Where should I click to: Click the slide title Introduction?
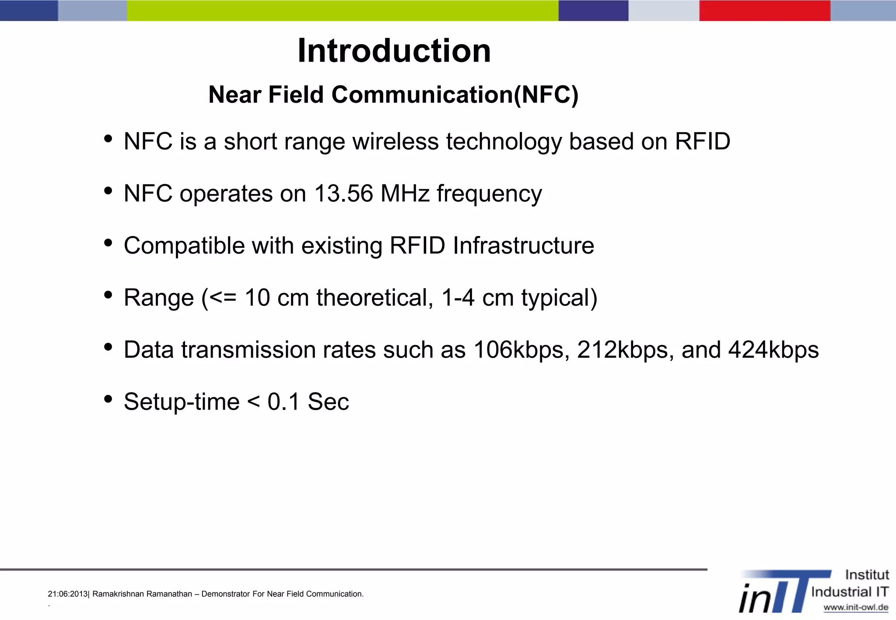(x=394, y=51)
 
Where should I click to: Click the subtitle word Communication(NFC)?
(x=455, y=94)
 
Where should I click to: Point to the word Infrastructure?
(x=523, y=245)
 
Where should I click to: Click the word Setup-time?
(x=182, y=402)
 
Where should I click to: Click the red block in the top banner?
(x=765, y=10)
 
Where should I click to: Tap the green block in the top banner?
(x=343, y=10)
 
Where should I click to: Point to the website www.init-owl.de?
(x=856, y=607)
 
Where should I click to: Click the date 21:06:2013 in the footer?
(x=68, y=594)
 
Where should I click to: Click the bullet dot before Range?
(x=108, y=295)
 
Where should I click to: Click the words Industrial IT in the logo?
(x=850, y=592)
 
